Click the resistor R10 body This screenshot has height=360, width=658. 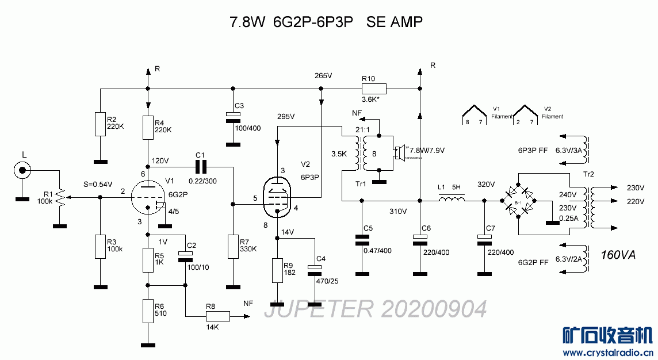click(374, 89)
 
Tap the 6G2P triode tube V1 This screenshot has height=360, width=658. click(148, 197)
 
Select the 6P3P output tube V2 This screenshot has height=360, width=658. click(277, 197)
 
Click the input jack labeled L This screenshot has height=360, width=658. click(23, 170)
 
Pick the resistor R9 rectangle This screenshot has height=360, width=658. click(277, 271)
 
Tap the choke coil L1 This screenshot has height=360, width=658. click(452, 200)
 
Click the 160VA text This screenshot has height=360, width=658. click(618, 255)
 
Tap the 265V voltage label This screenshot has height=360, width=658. click(324, 76)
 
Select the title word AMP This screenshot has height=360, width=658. click(406, 22)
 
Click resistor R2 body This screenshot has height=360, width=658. click(100, 124)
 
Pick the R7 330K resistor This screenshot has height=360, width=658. click(232, 246)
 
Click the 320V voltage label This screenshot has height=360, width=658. click(486, 185)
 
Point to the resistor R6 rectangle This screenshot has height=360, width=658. click(148, 311)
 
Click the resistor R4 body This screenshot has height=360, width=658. click(148, 128)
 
